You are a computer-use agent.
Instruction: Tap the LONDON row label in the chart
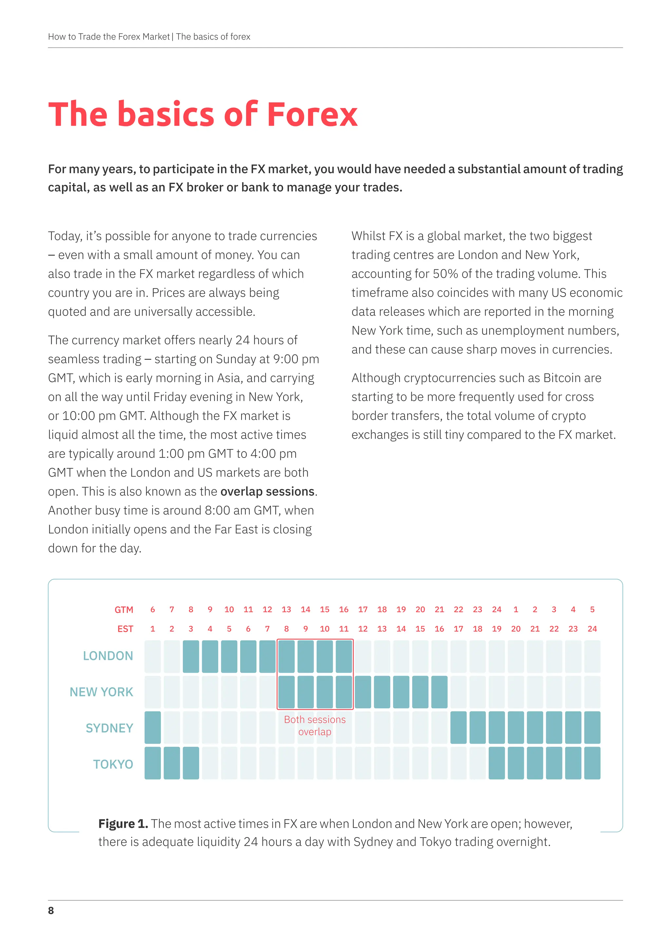[108, 656]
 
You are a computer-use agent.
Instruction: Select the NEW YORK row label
[101, 692]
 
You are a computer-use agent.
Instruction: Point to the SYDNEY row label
[109, 728]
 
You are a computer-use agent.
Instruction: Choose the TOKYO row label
[113, 764]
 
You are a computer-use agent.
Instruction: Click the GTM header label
[124, 610]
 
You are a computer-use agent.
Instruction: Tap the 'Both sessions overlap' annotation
[315, 725]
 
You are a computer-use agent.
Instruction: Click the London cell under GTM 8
[191, 657]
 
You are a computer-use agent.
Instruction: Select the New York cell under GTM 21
[439, 692]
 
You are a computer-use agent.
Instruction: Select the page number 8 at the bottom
[51, 910]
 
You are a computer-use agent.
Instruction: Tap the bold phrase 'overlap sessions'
[267, 491]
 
